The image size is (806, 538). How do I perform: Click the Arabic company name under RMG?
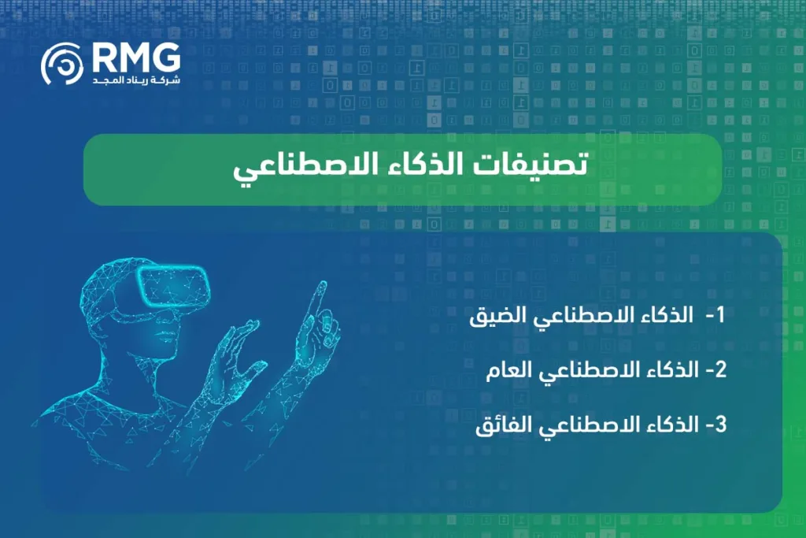[x=135, y=81]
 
